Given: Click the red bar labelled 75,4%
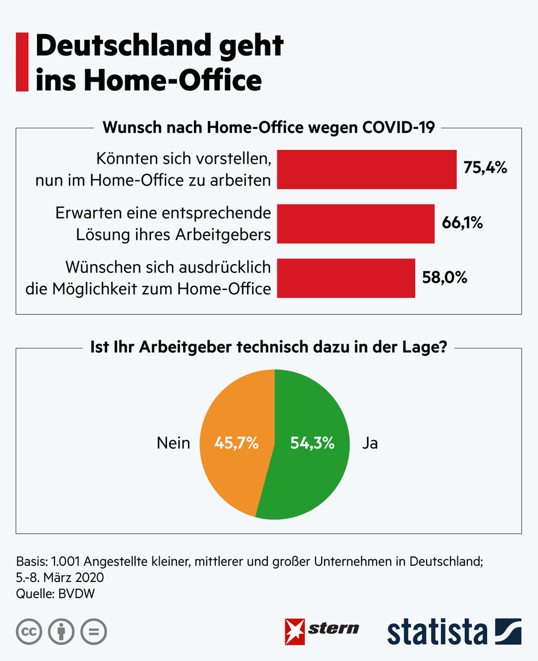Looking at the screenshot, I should click(367, 169).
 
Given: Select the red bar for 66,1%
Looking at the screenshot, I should click(356, 224).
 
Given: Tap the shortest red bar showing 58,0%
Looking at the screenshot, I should click(346, 278).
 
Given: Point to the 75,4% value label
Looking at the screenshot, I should click(485, 167).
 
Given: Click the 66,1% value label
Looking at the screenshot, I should click(462, 223).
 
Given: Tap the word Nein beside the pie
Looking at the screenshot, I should click(173, 443).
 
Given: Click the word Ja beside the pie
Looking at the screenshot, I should click(370, 443).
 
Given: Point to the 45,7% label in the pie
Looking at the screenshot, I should click(236, 443).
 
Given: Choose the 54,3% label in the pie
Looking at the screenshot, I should click(312, 443).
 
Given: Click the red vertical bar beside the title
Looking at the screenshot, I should click(22, 62).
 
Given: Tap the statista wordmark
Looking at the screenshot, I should click(437, 632).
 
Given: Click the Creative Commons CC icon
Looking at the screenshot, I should click(29, 632).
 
